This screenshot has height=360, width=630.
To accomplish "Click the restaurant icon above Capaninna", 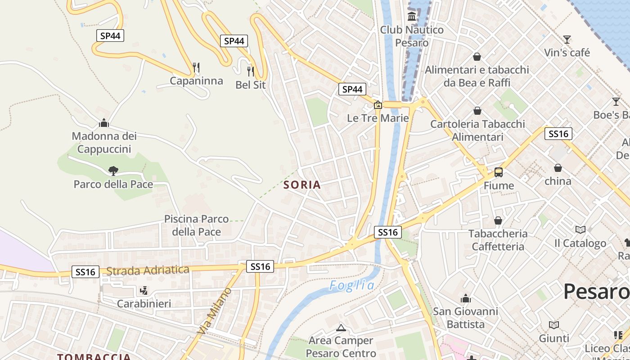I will (196, 67).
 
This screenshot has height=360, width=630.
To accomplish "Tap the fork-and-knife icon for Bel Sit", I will (251, 71).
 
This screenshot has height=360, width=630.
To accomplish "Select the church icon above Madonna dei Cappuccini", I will (104, 123).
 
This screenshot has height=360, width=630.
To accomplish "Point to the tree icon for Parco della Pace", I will (113, 171).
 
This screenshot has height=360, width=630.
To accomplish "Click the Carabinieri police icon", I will (144, 290).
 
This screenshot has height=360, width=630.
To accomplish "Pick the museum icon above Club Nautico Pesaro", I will (412, 17).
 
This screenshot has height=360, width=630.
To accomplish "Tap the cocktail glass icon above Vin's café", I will (567, 40).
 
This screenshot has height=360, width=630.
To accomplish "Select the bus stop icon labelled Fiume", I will (499, 172).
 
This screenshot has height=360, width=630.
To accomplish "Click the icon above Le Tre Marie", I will (378, 105).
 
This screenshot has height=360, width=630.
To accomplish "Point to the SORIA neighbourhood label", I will (302, 184).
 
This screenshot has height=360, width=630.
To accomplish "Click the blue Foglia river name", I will (351, 285).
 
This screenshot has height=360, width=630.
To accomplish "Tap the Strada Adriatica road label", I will (148, 270).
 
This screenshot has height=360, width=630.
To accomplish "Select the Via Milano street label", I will (215, 310).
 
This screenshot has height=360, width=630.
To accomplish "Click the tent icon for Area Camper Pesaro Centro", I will (341, 327).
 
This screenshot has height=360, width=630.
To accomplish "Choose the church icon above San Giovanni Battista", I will (466, 298).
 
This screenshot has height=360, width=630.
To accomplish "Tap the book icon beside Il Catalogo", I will (580, 230).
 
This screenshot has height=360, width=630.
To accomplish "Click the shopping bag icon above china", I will (558, 168).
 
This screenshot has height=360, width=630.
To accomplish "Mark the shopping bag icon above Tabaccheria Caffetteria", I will (498, 220).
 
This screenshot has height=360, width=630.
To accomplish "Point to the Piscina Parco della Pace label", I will (197, 225).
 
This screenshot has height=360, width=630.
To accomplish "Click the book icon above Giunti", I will (554, 325).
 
